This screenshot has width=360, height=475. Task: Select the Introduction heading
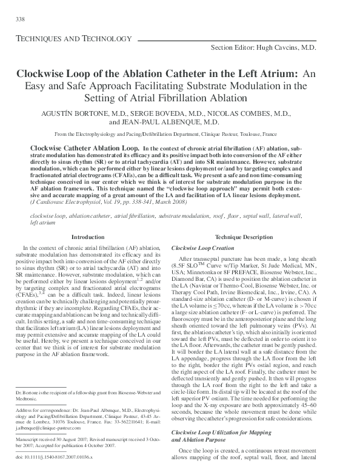pos(88,237)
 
